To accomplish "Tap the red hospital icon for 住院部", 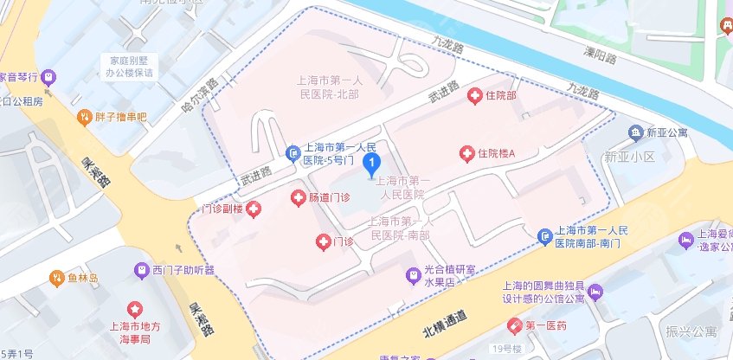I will point(474,95).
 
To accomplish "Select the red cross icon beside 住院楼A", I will point(467,153).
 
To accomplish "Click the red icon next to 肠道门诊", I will point(298,197).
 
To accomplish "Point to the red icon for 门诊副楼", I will point(254,209).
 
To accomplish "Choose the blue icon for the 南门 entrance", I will point(544,236).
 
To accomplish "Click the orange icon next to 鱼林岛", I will point(55,278).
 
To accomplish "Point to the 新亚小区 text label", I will point(627,157).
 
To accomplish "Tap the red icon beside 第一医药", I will point(515,325).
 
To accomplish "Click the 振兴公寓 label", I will point(692,331).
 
